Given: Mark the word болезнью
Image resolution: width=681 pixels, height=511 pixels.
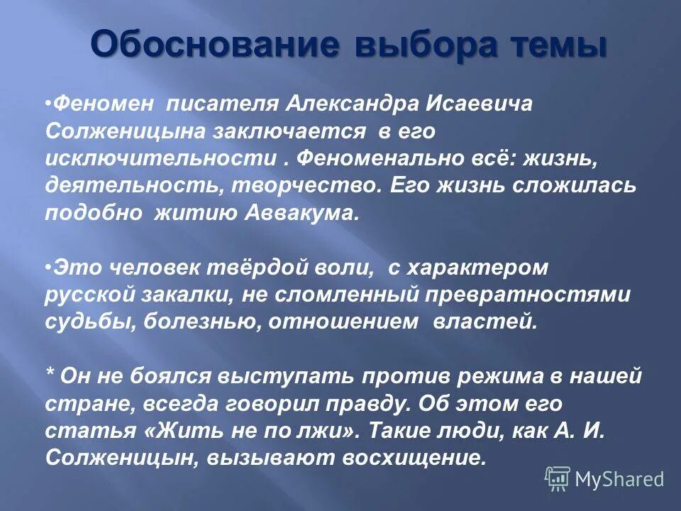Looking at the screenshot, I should [x=187, y=323].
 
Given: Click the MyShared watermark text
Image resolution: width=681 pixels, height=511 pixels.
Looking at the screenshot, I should [x=619, y=479].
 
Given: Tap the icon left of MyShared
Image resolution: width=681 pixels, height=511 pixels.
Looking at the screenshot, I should [x=558, y=479].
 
